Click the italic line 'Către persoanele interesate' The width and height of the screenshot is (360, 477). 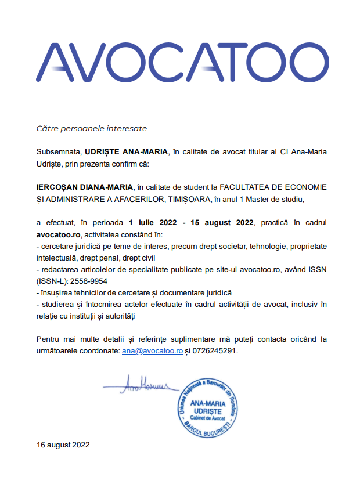click(x=92, y=128)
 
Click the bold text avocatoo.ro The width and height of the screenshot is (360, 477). click(x=58, y=234)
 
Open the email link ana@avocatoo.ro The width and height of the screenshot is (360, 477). click(x=152, y=351)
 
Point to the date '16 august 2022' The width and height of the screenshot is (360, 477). click(x=63, y=445)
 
